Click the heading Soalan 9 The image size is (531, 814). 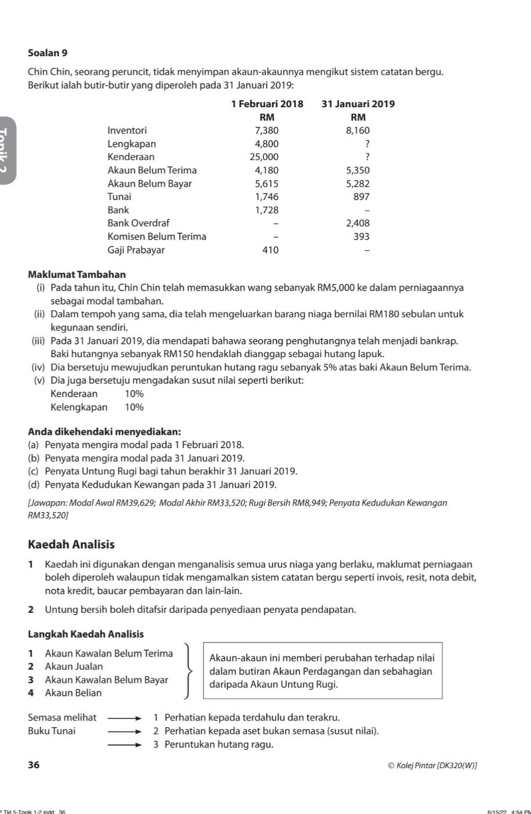pyautogui.click(x=48, y=53)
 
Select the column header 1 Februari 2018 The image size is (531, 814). pyautogui.click(x=267, y=104)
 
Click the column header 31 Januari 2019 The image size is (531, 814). pyautogui.click(x=358, y=104)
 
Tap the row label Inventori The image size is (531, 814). pyautogui.click(x=127, y=130)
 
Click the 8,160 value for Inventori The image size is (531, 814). pyautogui.click(x=357, y=130)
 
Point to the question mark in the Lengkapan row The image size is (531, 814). pyautogui.click(x=367, y=144)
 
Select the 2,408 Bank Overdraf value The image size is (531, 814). pyautogui.click(x=357, y=223)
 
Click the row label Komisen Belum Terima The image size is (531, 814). pyautogui.click(x=157, y=237)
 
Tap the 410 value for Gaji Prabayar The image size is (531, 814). pyautogui.click(x=270, y=250)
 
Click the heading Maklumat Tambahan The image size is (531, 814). pyautogui.click(x=77, y=274)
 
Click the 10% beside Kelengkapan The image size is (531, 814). pyautogui.click(x=134, y=407)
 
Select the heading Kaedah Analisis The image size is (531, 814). pyautogui.click(x=71, y=544)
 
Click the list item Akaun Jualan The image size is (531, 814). pyautogui.click(x=74, y=667)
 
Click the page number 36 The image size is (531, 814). pyautogui.click(x=34, y=765)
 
